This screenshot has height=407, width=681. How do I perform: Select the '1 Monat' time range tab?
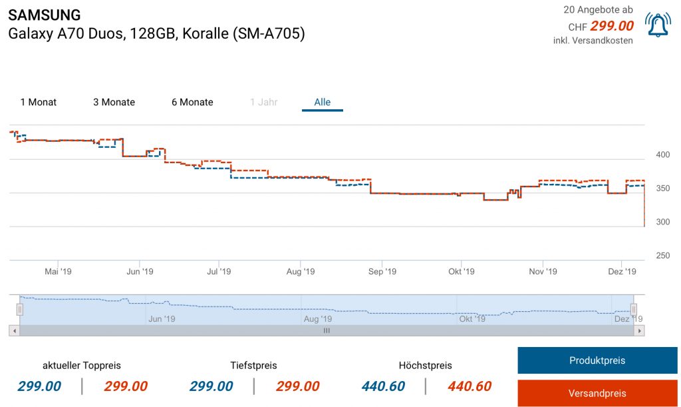coord(39,103)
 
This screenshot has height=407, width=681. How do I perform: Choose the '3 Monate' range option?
coord(114,103)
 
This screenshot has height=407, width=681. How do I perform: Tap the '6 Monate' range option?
coord(192,103)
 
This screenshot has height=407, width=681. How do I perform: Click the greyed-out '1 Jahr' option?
coord(263,103)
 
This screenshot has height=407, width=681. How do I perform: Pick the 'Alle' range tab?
coord(323,103)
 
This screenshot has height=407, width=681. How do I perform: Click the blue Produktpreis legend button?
coord(597,360)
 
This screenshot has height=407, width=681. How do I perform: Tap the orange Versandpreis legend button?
coord(597,393)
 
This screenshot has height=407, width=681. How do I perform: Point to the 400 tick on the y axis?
coord(663,155)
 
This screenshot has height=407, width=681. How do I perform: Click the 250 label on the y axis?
coord(663,256)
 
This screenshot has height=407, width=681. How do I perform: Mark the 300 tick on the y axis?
coord(663,222)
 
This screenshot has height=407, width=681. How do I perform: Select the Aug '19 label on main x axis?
coord(301,272)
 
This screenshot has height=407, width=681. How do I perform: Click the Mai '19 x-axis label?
coord(58,272)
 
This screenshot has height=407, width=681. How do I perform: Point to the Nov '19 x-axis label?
coord(543,272)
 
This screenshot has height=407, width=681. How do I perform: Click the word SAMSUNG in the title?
coord(45,15)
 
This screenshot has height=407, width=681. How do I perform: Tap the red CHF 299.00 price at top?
coord(611,26)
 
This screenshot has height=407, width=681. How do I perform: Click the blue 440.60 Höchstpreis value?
coord(384,386)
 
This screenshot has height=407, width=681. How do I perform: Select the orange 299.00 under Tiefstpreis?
coord(297,386)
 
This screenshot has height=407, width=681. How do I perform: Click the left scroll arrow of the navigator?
coord(13,330)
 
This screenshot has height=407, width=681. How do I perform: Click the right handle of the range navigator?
coord(634,309)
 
